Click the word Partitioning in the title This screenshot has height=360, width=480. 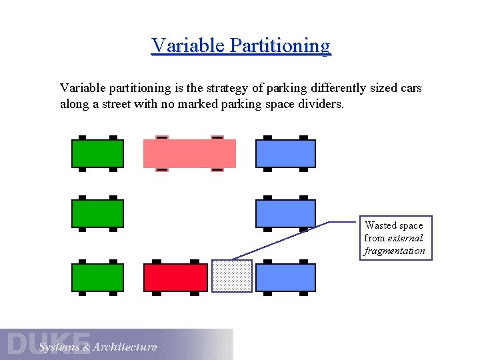pos(279,46)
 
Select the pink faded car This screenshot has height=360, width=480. pos(190,153)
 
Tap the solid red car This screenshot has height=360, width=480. pos(175,277)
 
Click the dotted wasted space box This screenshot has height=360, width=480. pos(232,276)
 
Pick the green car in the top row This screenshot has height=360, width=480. pos(97,153)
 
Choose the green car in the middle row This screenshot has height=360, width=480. pos(97,214)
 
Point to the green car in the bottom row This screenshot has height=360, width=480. pos(97,277)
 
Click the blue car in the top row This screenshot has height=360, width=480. pos(285,153)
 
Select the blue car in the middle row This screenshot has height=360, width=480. pos(285,214)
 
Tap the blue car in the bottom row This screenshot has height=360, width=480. pos(285,277)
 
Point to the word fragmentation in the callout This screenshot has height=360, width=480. pos(394,251)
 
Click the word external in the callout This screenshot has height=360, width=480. pos(405,238)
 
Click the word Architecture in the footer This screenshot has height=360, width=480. pos(125,347)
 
